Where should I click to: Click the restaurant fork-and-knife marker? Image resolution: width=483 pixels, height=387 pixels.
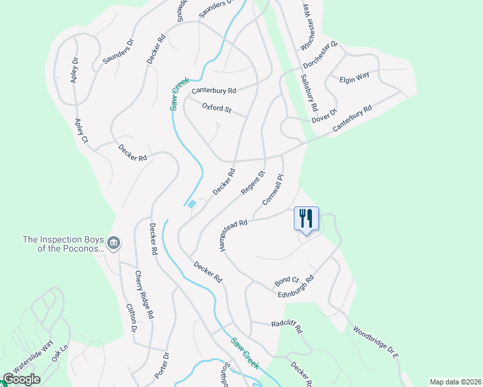pos(306,218)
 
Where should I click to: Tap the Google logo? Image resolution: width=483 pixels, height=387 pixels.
pos(21,379)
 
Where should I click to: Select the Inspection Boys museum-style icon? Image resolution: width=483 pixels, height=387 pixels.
pos(114,243)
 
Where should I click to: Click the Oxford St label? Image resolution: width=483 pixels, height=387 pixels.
pos(216,108)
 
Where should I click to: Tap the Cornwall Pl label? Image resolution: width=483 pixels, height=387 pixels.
pos(272,190)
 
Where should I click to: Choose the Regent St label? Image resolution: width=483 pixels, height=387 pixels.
pos(252,183)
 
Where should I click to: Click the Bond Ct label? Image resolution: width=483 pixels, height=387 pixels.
pos(287,281)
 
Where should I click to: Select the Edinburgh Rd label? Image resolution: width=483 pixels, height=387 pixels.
pos(297,286)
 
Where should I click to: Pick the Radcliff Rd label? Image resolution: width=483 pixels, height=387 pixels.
pos(287,326)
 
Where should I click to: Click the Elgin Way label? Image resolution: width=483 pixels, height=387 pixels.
pos(355,77)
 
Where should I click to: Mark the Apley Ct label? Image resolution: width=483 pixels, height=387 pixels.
pos(81,132)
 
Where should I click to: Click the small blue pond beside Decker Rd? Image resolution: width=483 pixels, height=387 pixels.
pos(192,204)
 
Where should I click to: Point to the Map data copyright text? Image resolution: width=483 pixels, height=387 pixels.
pos(455,382)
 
